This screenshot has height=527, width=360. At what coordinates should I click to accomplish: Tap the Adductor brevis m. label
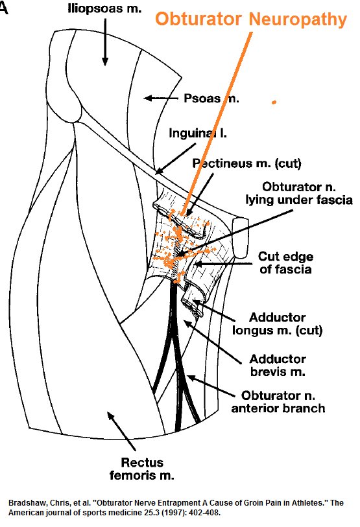pyautogui.click(x=277, y=366)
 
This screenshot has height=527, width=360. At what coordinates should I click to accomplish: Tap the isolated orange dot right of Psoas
pyautogui.click(x=274, y=102)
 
